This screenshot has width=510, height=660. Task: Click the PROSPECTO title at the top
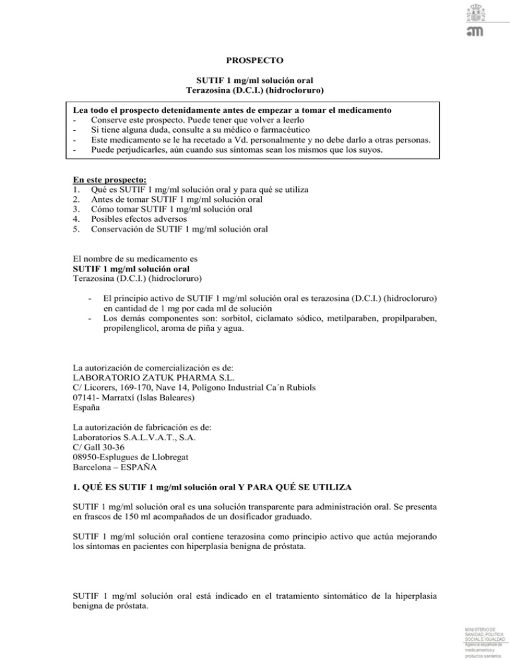tap(255, 59)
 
